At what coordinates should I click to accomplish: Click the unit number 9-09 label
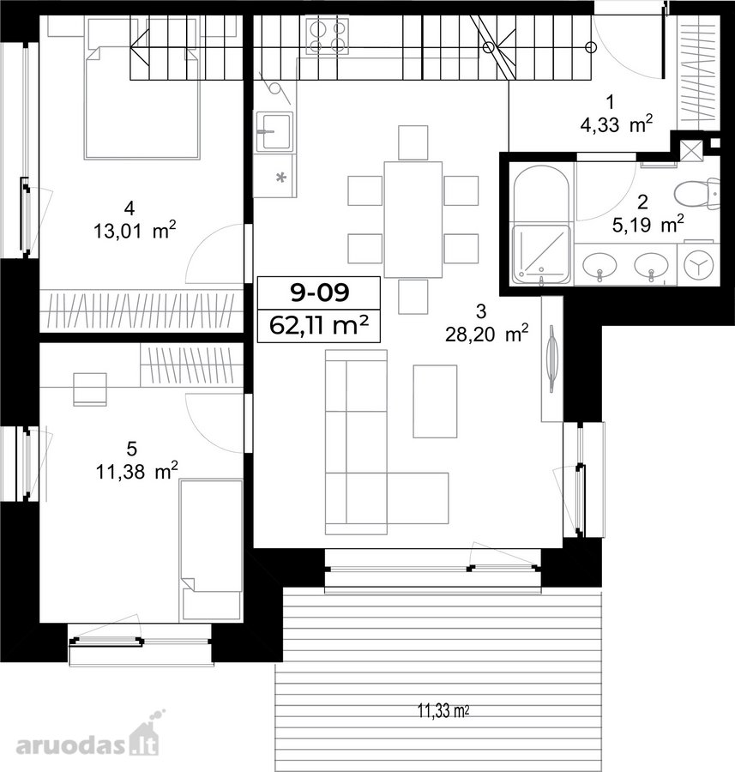point(320,293)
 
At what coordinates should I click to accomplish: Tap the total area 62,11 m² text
point(320,325)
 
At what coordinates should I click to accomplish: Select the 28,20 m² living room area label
point(487,335)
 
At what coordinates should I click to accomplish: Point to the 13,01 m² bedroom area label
point(135,231)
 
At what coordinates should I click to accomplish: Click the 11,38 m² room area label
point(136,472)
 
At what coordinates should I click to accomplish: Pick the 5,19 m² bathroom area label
point(648,225)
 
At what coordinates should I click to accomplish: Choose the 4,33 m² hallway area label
point(617,124)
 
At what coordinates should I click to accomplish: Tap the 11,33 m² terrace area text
point(443,711)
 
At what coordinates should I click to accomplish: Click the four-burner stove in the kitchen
point(328,36)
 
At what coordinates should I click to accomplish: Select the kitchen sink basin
point(274,131)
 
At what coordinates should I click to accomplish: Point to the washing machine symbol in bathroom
point(699,265)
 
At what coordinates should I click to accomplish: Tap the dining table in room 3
point(413,220)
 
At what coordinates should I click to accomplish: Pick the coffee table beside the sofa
point(435,401)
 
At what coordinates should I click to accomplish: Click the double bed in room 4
point(142,101)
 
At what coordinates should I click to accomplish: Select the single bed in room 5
point(211,550)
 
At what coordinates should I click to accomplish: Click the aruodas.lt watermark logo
point(87,736)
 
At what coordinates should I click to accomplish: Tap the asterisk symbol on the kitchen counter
point(281,178)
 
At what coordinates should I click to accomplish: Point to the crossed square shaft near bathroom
point(692,149)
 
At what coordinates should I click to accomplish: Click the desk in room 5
point(90,389)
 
